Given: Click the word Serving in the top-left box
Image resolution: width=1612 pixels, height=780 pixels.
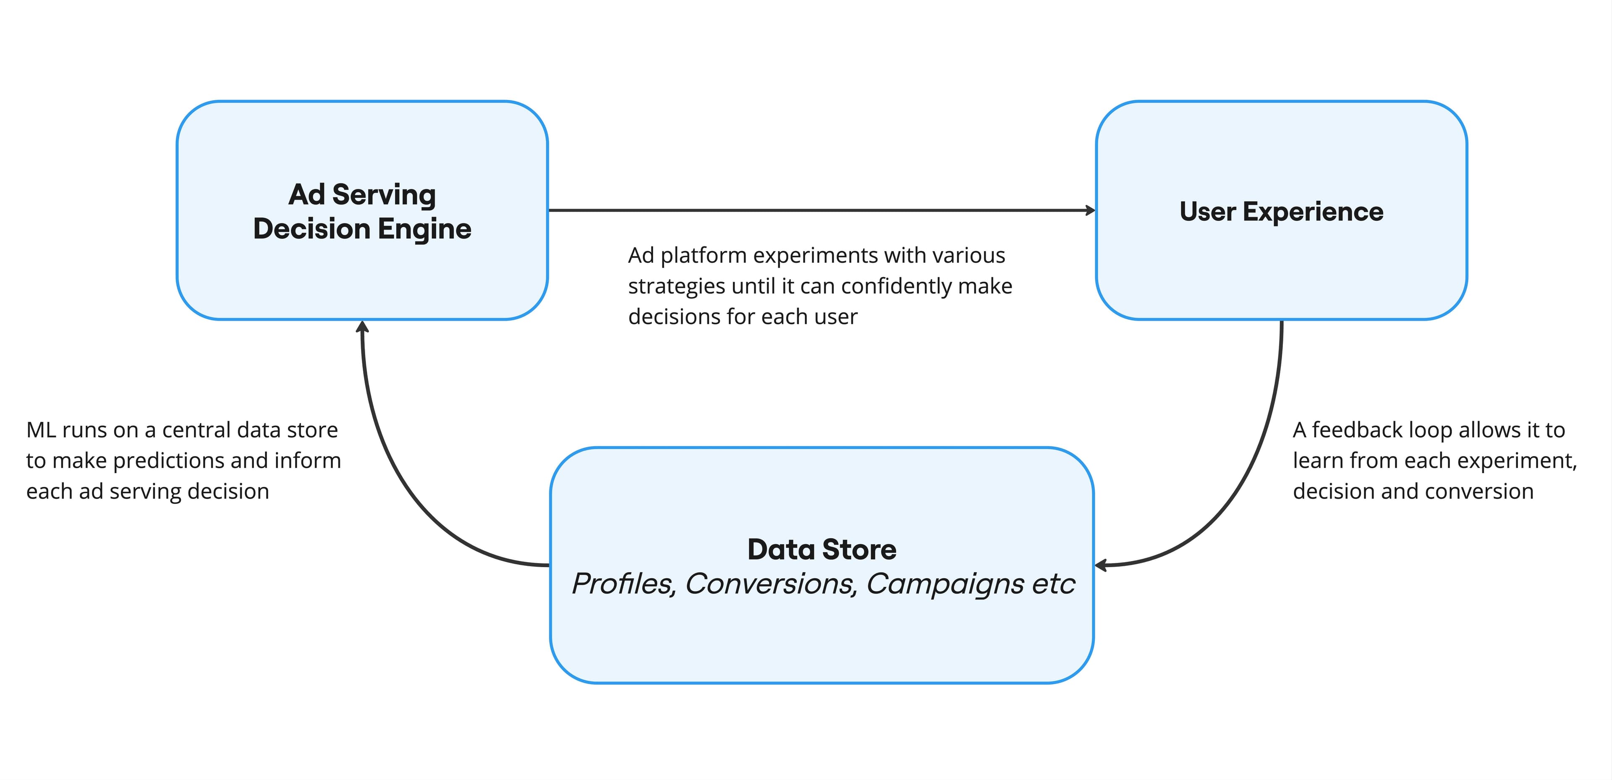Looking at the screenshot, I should (x=384, y=195).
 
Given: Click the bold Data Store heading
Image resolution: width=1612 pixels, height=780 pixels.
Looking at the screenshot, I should (x=821, y=550).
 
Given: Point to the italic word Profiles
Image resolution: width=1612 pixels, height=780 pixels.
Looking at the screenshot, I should (x=623, y=584).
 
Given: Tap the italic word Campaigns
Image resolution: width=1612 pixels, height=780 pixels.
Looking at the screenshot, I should (x=945, y=584).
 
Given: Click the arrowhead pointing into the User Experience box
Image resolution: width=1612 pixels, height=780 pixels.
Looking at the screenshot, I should (x=1090, y=210).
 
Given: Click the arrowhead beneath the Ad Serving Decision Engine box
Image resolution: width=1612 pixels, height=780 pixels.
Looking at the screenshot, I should (x=362, y=327).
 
